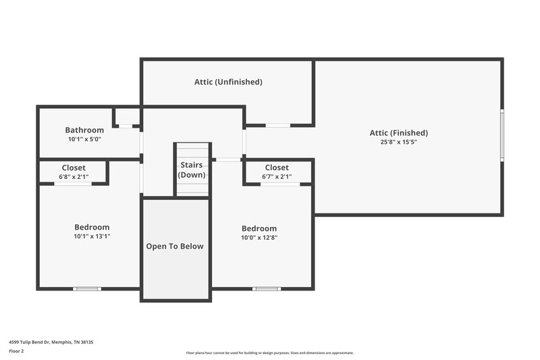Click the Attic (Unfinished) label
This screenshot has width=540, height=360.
[228, 82]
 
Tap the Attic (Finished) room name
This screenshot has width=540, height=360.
[398, 133]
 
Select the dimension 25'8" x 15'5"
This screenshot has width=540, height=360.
[398, 143]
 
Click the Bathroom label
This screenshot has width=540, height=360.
[84, 130]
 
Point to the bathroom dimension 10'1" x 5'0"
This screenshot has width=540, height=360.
[84, 139]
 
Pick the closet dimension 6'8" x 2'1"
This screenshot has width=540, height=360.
[74, 177]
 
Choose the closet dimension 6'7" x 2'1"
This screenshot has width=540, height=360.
[277, 177]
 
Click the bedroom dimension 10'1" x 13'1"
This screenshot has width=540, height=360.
[92, 236]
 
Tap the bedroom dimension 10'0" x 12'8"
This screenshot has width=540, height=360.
[260, 238]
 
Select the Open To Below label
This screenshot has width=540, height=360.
[175, 247]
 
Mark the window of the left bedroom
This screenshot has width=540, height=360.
[87, 289]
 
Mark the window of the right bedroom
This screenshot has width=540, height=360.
[266, 289]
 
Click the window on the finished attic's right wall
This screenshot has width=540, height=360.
[502, 135]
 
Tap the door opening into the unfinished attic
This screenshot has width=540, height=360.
[278, 125]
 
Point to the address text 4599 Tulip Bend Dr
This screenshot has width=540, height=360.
[51, 342]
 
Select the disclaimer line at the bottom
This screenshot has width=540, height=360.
[270, 353]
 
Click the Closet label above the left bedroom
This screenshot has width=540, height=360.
[74, 168]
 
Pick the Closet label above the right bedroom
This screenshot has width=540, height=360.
[277, 168]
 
